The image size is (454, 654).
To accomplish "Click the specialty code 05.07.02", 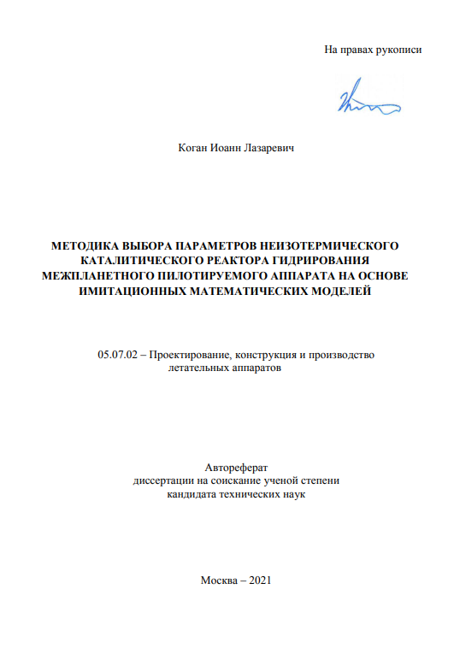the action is click(117, 355).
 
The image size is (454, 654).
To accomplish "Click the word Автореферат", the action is click(237, 468).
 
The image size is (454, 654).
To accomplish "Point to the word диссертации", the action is click(163, 480).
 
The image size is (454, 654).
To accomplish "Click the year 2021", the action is click(260, 580).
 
